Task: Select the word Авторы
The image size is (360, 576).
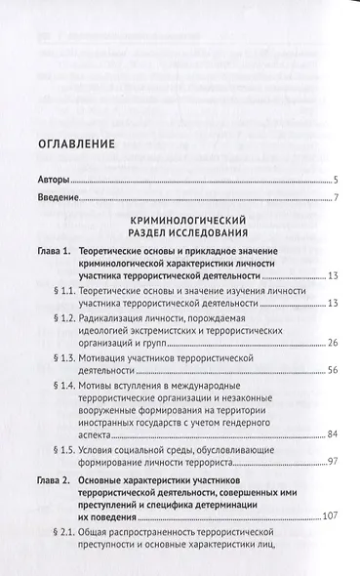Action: click(x=54, y=182)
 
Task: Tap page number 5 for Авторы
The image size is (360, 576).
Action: click(x=335, y=182)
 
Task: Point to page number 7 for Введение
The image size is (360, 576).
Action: click(x=335, y=201)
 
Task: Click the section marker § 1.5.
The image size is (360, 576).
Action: click(x=76, y=448)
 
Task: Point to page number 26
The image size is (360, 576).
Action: click(x=332, y=343)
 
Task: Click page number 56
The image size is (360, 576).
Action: click(x=332, y=371)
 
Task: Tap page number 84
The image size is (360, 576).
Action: click(x=332, y=434)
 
